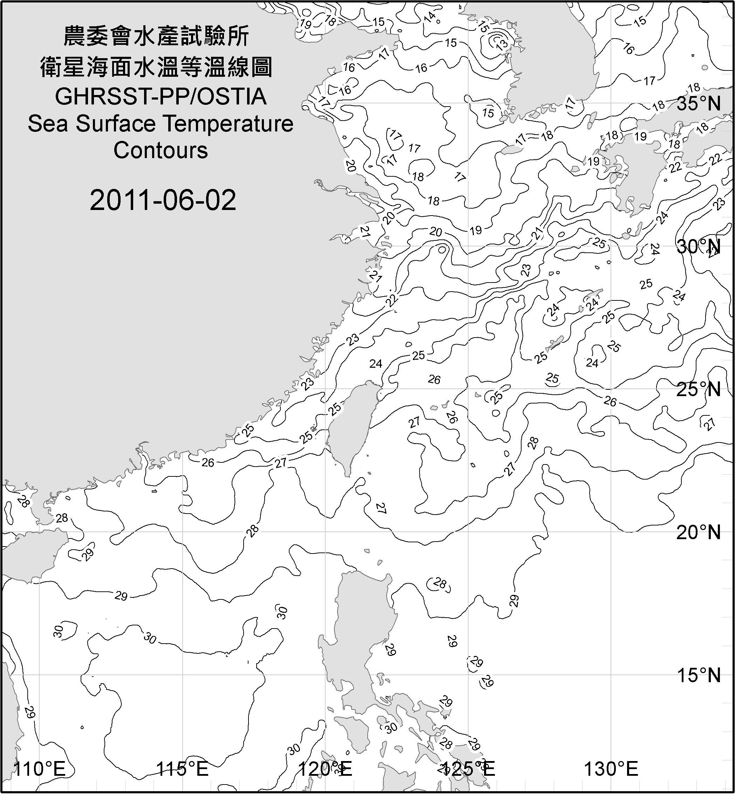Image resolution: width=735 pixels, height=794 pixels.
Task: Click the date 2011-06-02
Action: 163,200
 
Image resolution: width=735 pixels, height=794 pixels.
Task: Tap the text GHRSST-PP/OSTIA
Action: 161,97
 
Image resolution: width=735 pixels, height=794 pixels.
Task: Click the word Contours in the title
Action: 161,150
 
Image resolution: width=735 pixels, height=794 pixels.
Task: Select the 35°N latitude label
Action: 699,104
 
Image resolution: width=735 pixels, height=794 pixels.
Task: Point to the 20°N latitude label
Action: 699,532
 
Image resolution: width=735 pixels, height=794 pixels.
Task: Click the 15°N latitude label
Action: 699,675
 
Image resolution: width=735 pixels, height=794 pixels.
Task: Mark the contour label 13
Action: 502,43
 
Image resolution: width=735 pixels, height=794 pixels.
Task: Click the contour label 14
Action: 429,17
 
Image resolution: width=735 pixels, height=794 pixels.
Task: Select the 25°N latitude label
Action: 699,389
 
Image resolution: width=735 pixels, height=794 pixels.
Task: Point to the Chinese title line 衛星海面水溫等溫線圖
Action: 156,67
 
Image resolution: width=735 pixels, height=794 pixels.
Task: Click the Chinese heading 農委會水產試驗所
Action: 156,36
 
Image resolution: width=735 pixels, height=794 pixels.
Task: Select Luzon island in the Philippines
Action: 358,629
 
